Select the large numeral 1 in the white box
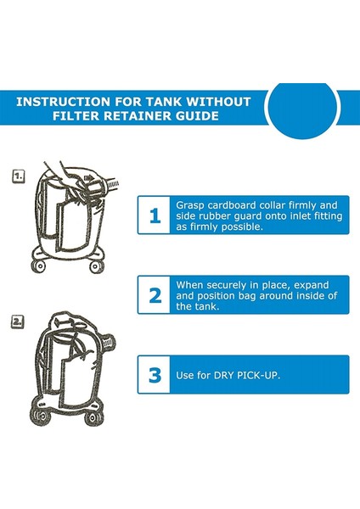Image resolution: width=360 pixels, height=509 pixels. pyautogui.click(x=155, y=215)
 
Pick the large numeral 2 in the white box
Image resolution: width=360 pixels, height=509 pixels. pyautogui.click(x=155, y=296)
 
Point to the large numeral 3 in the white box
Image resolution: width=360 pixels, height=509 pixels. pyautogui.click(x=155, y=375)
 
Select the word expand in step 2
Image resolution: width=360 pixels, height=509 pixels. pyautogui.click(x=312, y=285)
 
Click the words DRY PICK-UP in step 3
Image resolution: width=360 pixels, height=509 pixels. pyautogui.click(x=246, y=375)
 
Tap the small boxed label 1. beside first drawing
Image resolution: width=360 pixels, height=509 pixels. pyautogui.click(x=18, y=176)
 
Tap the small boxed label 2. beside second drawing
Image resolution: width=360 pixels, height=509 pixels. pyautogui.click(x=18, y=322)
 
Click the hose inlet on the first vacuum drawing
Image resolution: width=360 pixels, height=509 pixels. pyautogui.click(x=110, y=184)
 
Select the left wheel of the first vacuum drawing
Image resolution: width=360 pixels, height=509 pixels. pyautogui.click(x=39, y=267)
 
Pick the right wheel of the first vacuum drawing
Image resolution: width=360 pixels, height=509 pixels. pyautogui.click(x=97, y=267)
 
